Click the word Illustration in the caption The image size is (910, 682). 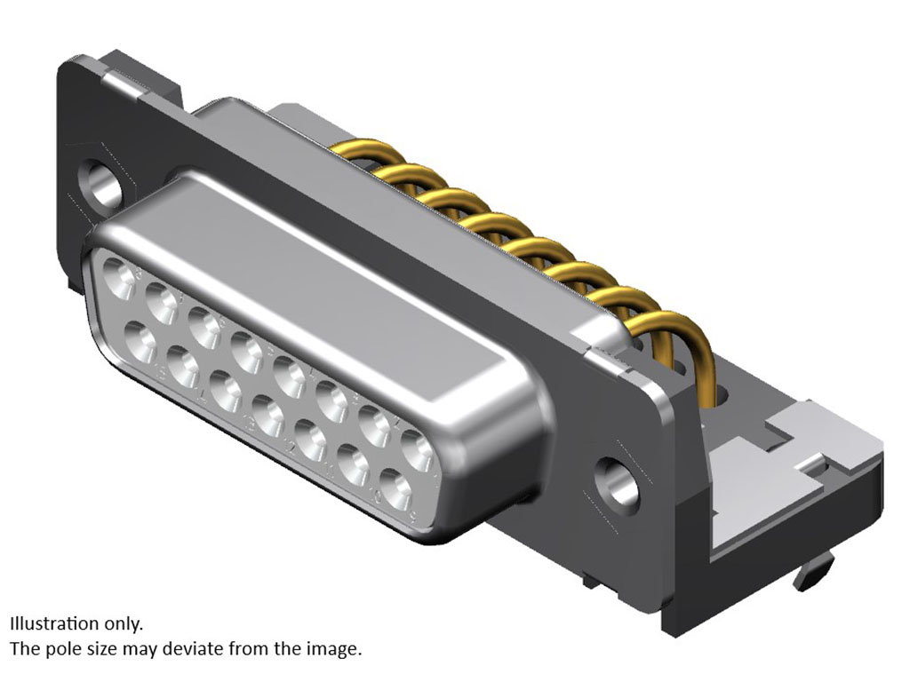pyautogui.click(x=54, y=624)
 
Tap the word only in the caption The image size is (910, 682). pyautogui.click(x=123, y=625)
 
